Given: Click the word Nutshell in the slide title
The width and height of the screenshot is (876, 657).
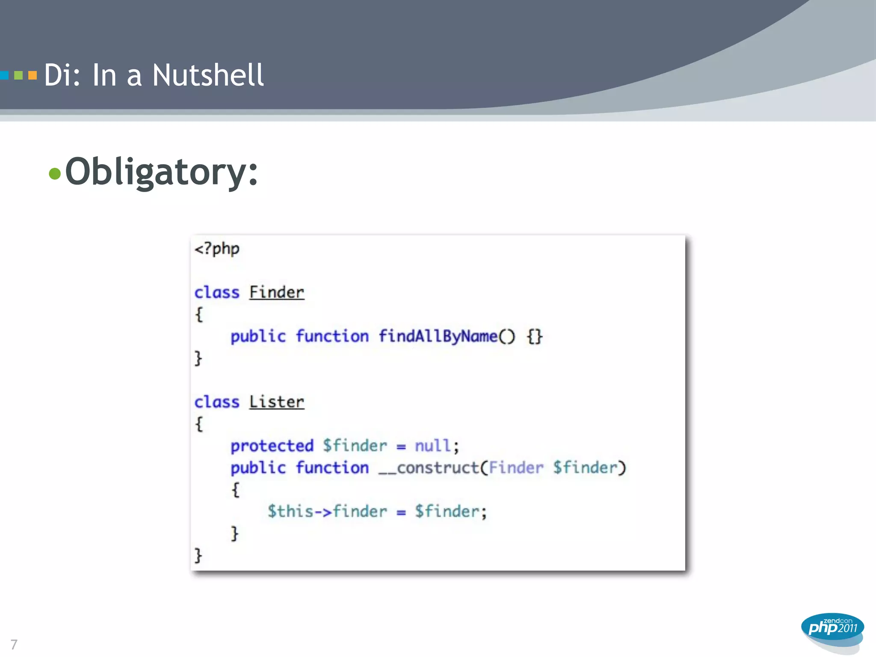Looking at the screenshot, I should [x=208, y=75].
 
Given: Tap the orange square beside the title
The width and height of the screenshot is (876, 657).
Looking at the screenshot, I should [x=33, y=76].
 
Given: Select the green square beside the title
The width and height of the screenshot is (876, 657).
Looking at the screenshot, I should [x=18, y=76].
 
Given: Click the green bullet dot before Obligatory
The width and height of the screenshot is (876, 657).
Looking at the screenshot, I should [x=55, y=174].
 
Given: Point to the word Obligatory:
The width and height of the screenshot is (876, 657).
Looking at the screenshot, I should [x=162, y=172].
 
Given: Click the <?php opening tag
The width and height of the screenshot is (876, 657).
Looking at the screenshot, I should [x=217, y=249].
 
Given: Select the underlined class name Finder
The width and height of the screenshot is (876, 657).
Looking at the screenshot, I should [x=277, y=293].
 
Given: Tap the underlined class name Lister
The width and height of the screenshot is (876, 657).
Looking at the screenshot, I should [x=277, y=402].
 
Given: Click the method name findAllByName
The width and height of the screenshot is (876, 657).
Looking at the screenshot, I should [x=438, y=336].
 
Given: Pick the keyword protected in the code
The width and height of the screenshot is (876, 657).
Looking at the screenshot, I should [x=272, y=446].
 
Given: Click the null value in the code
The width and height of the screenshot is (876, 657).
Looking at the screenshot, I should [x=432, y=446].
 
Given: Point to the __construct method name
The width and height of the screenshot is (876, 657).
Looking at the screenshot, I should [x=429, y=468].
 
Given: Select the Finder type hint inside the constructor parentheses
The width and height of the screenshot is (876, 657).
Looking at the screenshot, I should [x=516, y=468].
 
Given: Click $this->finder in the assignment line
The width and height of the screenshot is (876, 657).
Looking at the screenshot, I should [x=327, y=512].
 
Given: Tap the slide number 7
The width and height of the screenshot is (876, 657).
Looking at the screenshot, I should [x=14, y=644].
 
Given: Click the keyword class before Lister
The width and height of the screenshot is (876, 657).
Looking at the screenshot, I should [x=217, y=402].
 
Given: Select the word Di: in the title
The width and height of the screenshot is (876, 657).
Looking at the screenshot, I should [x=62, y=75].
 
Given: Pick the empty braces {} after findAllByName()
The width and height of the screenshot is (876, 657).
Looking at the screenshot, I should [x=535, y=337].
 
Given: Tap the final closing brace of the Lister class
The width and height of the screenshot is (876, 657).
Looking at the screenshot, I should [x=198, y=556].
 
